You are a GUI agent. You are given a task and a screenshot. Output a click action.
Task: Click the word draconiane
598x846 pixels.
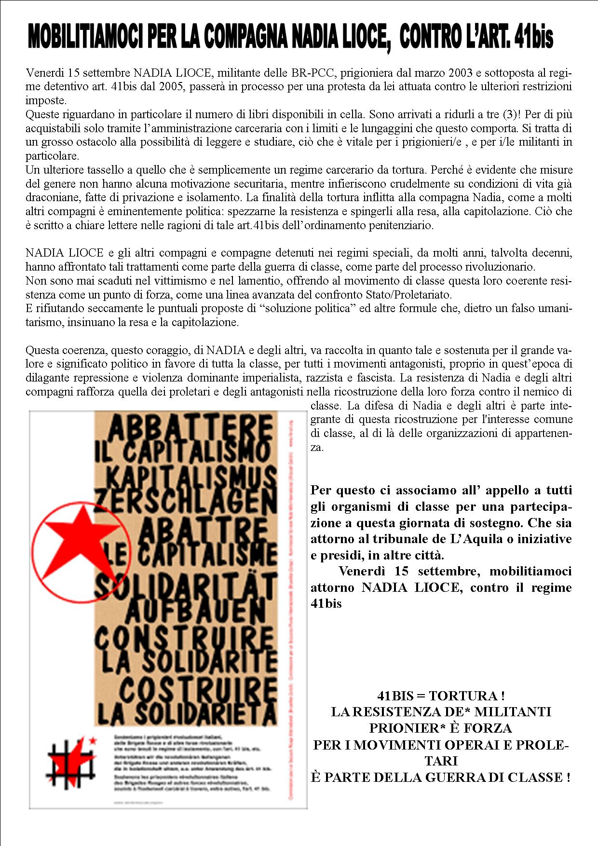click(53, 198)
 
